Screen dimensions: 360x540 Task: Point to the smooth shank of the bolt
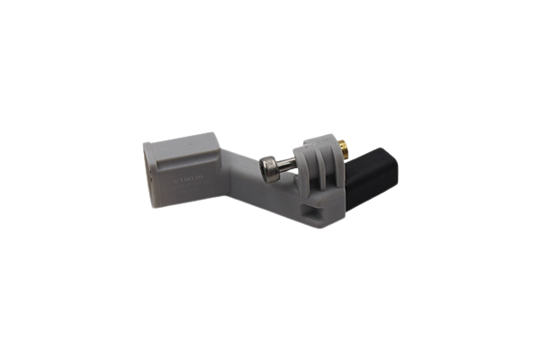coord(286,165)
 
